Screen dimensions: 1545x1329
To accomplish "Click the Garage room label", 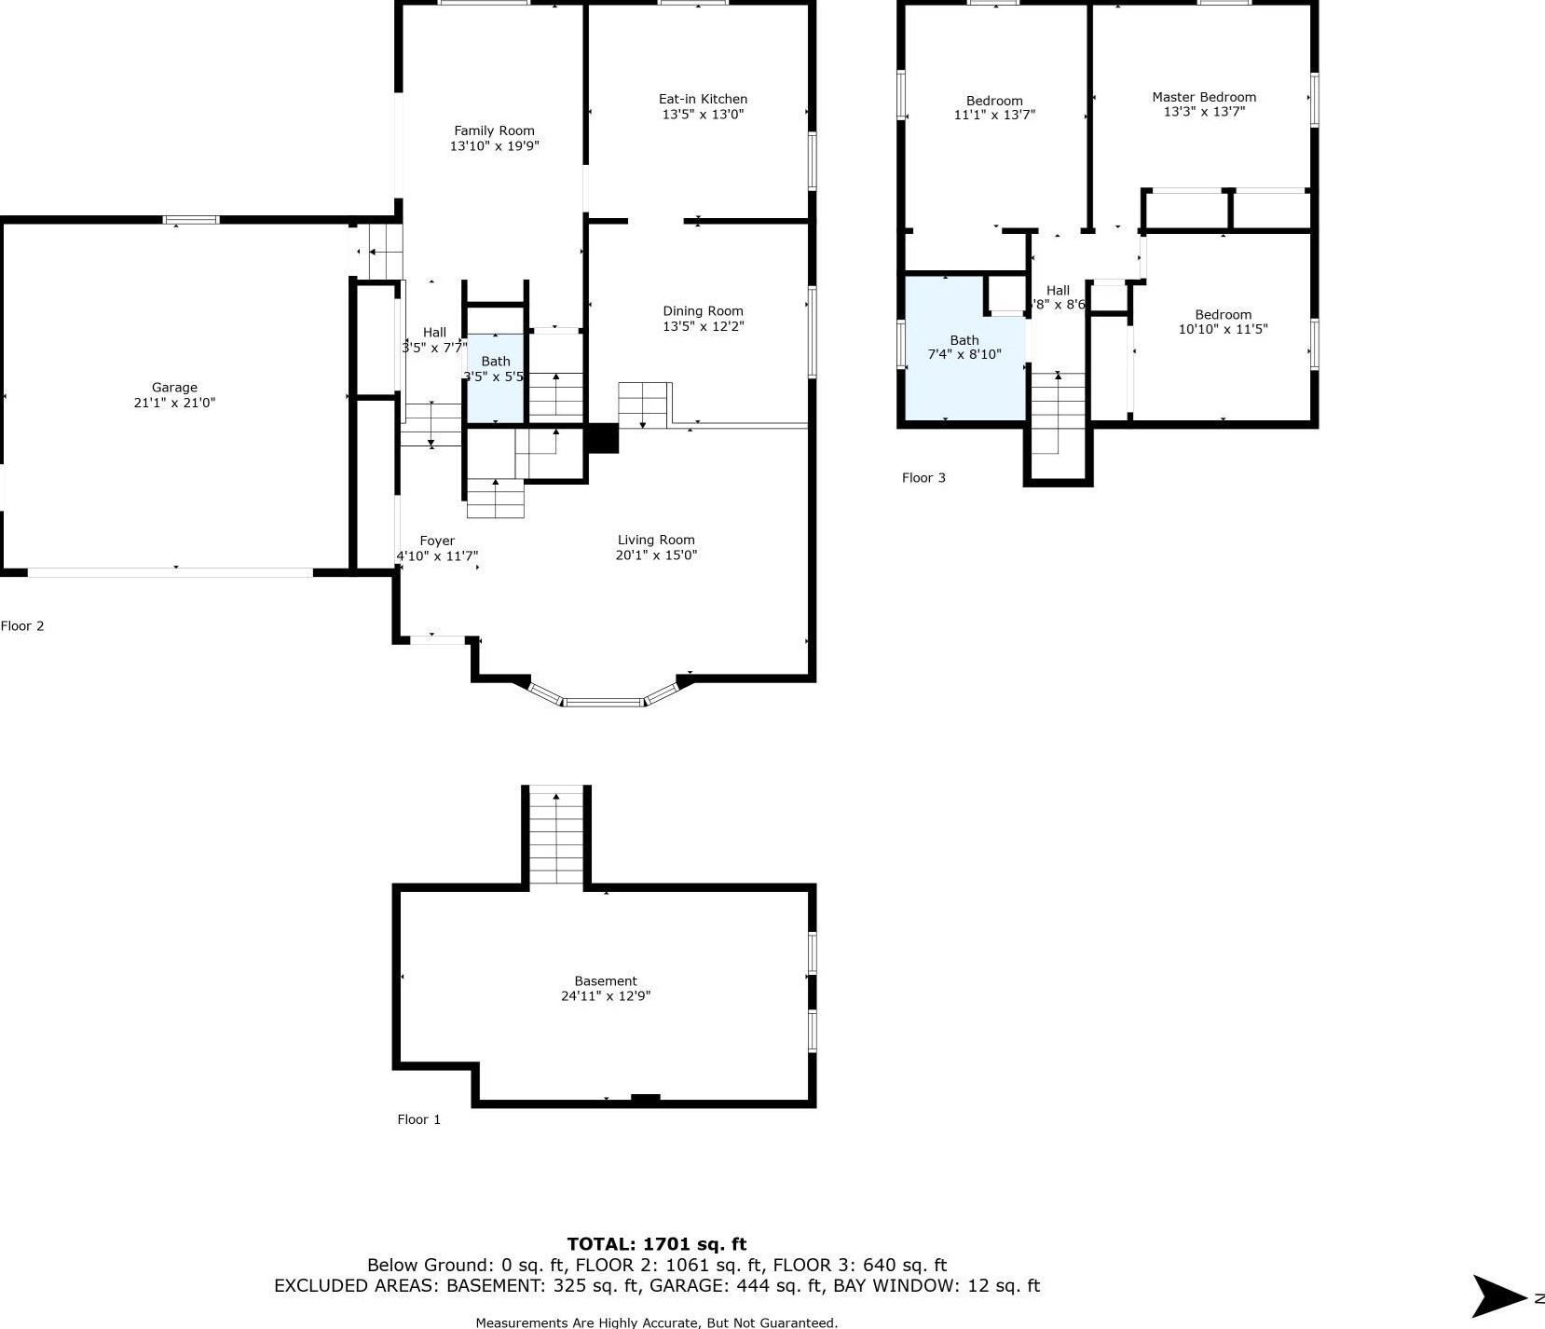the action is coord(174,388).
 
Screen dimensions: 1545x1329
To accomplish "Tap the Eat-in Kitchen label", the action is coord(703,99).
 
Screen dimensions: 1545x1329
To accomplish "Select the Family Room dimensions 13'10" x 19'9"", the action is coord(495,146).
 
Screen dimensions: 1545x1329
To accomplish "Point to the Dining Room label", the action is coord(703,311).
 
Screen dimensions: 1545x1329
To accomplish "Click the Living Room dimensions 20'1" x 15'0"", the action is coord(656,555).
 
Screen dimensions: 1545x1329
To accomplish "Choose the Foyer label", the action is coord(437,541).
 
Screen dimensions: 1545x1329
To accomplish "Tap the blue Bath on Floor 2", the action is coord(495,378).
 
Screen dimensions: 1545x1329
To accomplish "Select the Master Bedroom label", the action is coord(1204,97).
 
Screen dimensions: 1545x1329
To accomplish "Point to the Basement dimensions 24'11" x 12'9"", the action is coord(606,996).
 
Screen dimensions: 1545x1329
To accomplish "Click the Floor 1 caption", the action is coord(419,1119).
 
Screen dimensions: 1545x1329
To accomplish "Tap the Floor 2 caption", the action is coord(22,626).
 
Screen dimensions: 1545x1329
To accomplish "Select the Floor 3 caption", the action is coord(923,478).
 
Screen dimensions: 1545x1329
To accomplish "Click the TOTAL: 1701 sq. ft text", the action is coord(657,1244).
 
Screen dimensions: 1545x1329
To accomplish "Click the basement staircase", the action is coord(556,836).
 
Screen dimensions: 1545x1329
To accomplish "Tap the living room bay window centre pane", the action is coord(603,702).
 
